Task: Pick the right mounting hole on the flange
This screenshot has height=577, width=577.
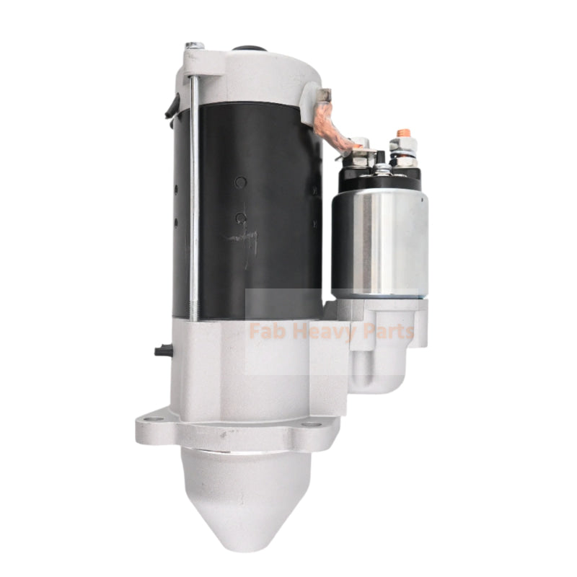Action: pos(311,423)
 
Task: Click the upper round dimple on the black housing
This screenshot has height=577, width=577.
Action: pos(239,182)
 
